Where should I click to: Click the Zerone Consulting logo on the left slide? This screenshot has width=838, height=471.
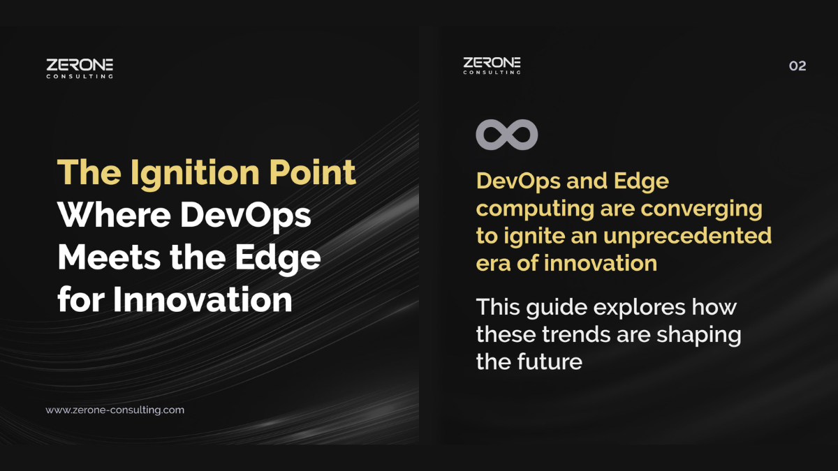pos(80,68)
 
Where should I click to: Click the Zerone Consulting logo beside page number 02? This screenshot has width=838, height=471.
pos(492,66)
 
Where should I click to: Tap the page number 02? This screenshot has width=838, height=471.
pos(797,66)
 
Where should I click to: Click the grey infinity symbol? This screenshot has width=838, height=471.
pos(507,135)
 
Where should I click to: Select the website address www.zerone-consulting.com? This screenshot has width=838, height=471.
pos(115,410)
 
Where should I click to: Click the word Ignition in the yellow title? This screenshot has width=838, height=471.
pos(195,173)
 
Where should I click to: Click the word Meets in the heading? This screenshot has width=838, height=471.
pos(109,257)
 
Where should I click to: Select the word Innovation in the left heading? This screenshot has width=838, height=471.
pos(203,300)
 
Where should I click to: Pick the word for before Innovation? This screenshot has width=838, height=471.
pos(81,299)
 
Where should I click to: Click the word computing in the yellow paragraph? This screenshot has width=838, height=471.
pos(535,209)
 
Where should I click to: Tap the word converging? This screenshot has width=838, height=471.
pos(701,209)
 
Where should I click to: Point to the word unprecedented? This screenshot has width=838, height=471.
pos(687,237)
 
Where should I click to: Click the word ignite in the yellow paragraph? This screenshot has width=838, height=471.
pos(534,237)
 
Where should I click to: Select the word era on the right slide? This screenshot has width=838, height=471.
pos(493,264)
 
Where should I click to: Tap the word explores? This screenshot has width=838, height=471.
pos(639,308)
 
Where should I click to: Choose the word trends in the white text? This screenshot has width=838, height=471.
pos(575,334)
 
